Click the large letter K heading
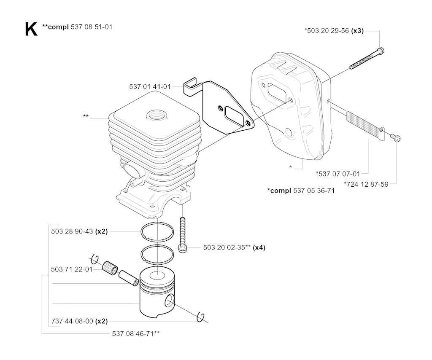point(31,29)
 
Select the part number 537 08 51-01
point(92,27)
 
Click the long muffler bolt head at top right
point(381,51)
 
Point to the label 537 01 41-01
point(150,87)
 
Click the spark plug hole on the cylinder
point(157,114)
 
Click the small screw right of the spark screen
point(395,137)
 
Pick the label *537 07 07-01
point(338,174)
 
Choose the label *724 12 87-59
point(366,184)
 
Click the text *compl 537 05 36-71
point(301,191)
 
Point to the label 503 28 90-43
point(72,231)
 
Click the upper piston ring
point(157,231)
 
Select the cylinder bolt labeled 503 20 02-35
point(182,235)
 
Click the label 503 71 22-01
point(72,269)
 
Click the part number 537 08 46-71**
point(136,333)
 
